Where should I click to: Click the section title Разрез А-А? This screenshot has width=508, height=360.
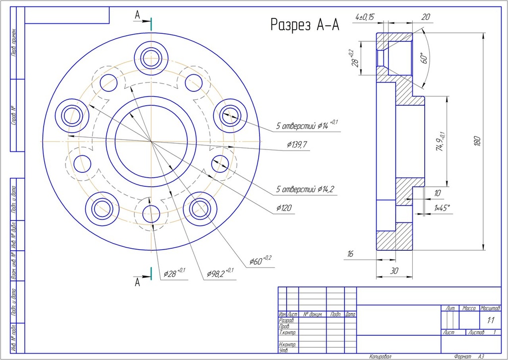(x=305, y=25)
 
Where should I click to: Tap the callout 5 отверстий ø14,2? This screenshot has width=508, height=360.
(x=305, y=189)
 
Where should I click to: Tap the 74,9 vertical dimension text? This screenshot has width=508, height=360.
(x=440, y=142)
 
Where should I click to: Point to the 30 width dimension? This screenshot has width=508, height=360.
(x=394, y=271)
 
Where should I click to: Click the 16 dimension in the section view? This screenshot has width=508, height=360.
(x=350, y=254)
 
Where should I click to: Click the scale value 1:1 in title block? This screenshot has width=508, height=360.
(x=490, y=320)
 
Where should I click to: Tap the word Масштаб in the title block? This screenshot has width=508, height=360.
(x=490, y=308)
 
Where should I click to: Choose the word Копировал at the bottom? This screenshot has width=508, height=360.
(x=381, y=357)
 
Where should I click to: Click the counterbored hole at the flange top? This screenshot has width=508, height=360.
(x=150, y=58)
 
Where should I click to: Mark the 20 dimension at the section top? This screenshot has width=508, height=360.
(x=425, y=17)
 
